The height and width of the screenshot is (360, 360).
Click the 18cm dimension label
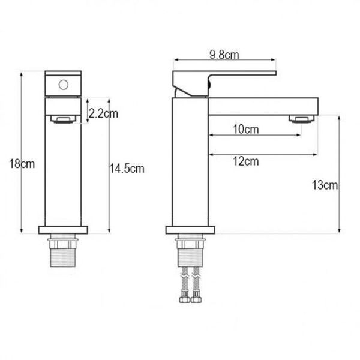coord(22,164)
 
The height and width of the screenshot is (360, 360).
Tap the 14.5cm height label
coord(127,169)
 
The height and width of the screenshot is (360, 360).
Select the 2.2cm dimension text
coord(103,113)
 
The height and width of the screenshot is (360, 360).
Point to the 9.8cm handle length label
coord(224,55)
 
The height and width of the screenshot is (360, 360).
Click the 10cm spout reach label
coord(246,129)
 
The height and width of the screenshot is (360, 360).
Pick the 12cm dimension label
coord(246,161)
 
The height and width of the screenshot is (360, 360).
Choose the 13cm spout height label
coord(325,185)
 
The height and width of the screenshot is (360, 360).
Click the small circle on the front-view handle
coord(64,85)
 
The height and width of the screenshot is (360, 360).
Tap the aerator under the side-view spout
coord(301,119)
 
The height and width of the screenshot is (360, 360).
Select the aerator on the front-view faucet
coord(64,119)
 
